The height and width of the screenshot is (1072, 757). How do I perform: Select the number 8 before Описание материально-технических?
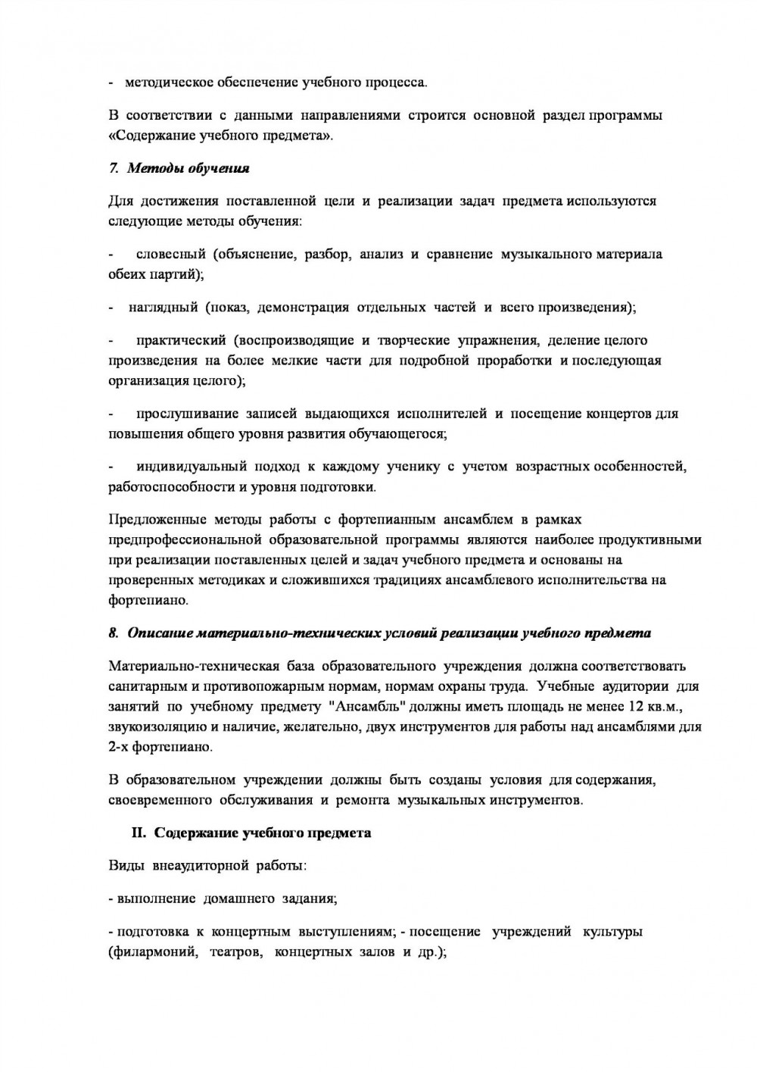(113, 633)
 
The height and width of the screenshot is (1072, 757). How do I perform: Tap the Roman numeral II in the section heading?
(139, 833)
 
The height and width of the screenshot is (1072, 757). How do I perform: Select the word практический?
(180, 340)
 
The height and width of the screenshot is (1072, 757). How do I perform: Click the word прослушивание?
(186, 414)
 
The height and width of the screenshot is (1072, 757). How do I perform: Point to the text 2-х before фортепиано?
(121, 746)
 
